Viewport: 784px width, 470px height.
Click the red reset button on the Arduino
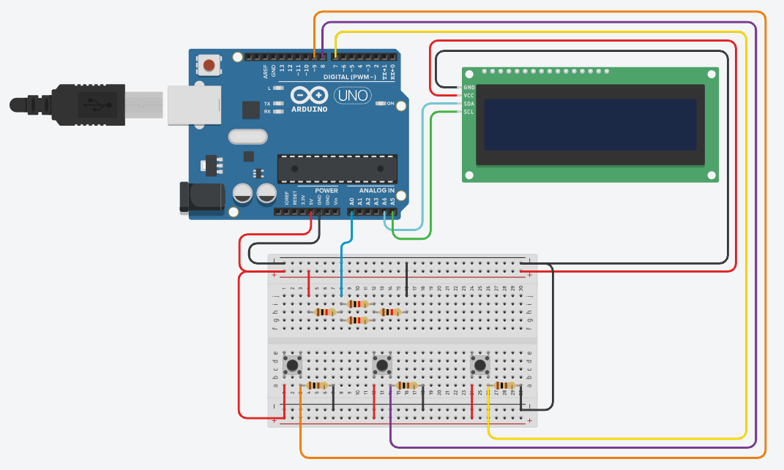pos(209,66)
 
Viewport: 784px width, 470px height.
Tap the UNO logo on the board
pos(353,95)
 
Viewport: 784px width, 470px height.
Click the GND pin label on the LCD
pos(469,88)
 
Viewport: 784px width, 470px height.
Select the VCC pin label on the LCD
pos(469,96)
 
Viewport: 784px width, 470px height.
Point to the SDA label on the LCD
pos(469,104)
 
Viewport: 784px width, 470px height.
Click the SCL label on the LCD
pos(469,112)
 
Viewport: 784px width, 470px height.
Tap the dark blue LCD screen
pos(590,124)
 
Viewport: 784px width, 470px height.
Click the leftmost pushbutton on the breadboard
pos(294,364)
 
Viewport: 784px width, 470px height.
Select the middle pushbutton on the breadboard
pos(382,364)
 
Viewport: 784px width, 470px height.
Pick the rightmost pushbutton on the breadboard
pos(480,364)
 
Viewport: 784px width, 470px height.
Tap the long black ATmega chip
pos(337,169)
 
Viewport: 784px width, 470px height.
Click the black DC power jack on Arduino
pos(201,197)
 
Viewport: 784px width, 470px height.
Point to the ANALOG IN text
pos(376,191)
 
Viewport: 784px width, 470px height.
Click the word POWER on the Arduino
pos(326,191)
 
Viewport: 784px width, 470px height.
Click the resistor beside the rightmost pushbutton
pos(504,386)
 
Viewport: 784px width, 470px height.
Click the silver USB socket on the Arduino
pos(193,105)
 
